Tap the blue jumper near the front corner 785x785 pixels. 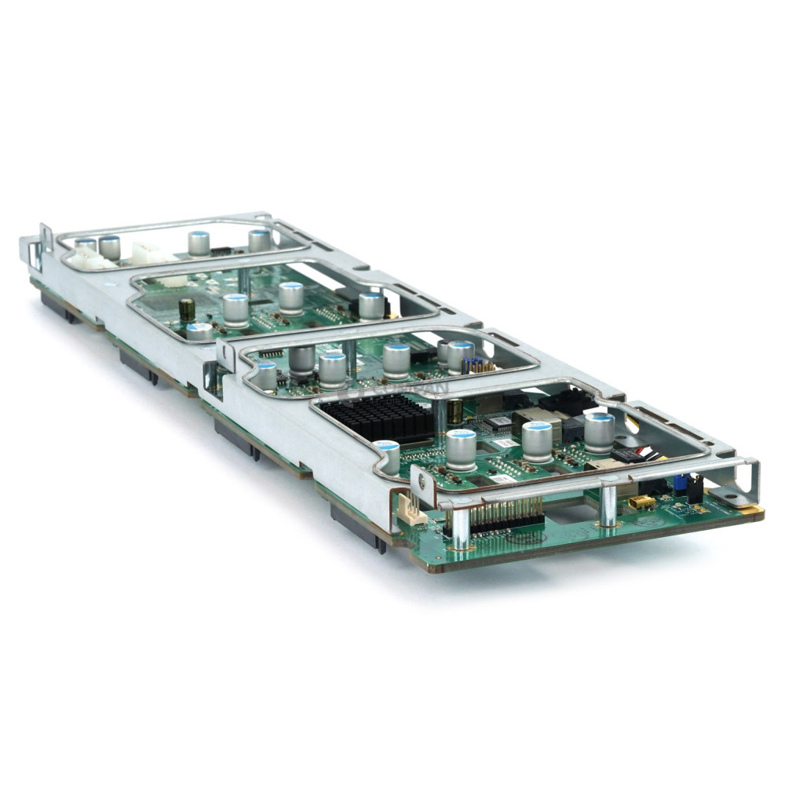[x=677, y=483]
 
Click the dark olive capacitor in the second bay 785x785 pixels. [x=187, y=309]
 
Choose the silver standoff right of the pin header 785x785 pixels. [x=608, y=506]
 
